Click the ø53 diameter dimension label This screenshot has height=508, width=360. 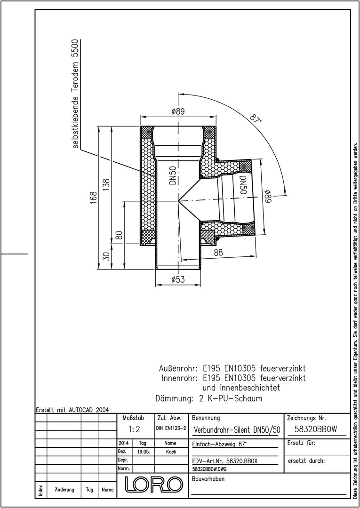tap(178, 279)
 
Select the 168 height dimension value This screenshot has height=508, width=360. tap(93, 198)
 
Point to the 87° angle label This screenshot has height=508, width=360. tap(256, 118)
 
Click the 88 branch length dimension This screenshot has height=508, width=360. tap(218, 253)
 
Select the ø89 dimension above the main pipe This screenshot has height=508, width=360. tap(178, 111)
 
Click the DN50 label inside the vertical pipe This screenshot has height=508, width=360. tap(172, 175)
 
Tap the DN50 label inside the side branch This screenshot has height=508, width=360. tap(243, 185)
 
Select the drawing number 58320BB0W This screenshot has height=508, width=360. tap(316, 429)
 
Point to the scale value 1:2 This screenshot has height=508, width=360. tap(134, 429)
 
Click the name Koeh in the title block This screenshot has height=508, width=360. tap(170, 452)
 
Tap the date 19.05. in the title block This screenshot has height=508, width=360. tap(143, 452)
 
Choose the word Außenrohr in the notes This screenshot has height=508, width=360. tap(178, 369)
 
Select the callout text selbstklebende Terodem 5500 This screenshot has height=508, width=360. tap(75, 94)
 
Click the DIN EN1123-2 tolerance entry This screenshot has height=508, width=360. tap(171, 428)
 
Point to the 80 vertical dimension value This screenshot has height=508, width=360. tap(120, 235)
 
